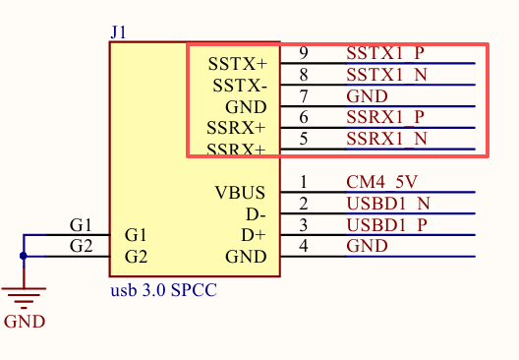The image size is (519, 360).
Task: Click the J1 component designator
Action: tap(118, 32)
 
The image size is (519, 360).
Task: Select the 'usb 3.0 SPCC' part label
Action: tap(163, 290)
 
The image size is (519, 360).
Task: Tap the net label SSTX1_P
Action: tap(385, 53)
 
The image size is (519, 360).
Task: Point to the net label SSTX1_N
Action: tap(386, 75)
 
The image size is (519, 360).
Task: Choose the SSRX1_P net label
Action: tap(385, 117)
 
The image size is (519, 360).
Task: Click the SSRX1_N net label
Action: tap(386, 139)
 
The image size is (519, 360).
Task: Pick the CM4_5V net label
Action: tap(381, 182)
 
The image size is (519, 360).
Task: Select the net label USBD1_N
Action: tap(388, 204)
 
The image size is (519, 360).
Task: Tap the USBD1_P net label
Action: tap(386, 225)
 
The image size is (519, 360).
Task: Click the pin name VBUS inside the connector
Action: tap(240, 193)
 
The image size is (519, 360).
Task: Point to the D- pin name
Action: tap(256, 214)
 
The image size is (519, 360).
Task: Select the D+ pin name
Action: tap(254, 235)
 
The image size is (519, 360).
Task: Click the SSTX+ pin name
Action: tap(237, 64)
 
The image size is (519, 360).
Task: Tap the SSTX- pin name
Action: tap(240, 86)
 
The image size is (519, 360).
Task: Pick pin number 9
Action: tap(304, 53)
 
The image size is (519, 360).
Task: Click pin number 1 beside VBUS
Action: tap(304, 182)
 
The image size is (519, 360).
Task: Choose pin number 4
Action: tap(304, 246)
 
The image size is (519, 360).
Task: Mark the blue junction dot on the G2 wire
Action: tap(24, 256)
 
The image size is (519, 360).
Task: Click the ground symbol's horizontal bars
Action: tap(24, 298)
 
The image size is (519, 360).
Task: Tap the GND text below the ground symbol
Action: tap(25, 322)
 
